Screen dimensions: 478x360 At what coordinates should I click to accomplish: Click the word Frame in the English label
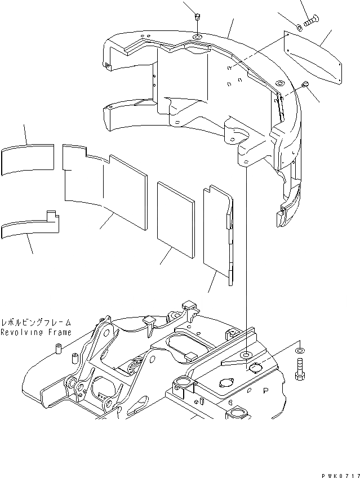(x=59, y=333)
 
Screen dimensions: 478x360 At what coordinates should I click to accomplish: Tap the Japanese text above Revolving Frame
(x=36, y=323)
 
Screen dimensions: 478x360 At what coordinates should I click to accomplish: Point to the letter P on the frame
(x=265, y=388)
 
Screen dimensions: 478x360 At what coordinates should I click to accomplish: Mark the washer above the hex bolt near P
(x=299, y=351)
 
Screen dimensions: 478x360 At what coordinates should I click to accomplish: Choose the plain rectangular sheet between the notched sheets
(x=176, y=214)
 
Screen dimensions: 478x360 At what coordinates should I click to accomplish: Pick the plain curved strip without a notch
(x=26, y=160)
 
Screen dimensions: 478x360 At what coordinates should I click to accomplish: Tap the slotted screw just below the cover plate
(x=305, y=85)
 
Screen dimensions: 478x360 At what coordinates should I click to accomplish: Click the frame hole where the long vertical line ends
(x=246, y=356)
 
